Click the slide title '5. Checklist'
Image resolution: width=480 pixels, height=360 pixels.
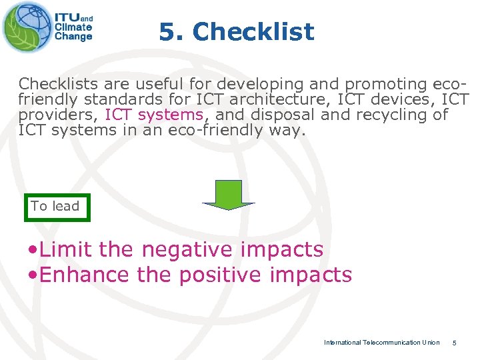[236, 31]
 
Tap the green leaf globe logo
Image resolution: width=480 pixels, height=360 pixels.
[26, 27]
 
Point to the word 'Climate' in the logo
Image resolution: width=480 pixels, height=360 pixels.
[73, 28]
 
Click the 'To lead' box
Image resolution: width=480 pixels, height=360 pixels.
[55, 207]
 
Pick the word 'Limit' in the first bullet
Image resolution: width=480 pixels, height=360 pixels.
[66, 249]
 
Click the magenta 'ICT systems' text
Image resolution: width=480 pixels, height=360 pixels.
[153, 114]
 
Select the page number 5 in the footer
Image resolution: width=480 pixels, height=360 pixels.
[454, 343]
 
